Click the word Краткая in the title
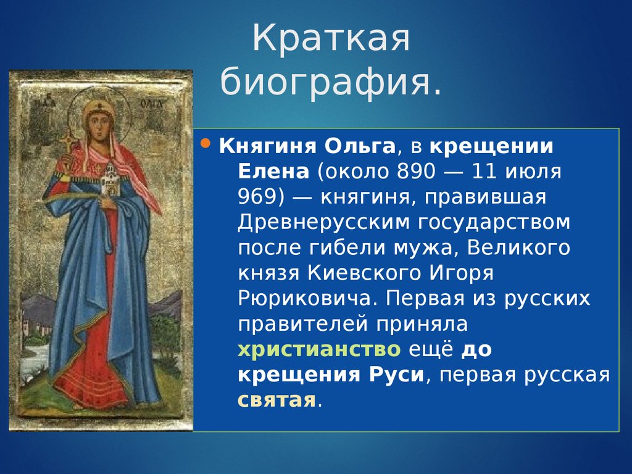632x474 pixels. [x=331, y=38]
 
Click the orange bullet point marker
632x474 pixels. [x=206, y=143]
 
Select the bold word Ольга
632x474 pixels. [x=360, y=146]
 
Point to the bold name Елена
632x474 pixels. [x=273, y=172]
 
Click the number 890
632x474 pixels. [x=417, y=172]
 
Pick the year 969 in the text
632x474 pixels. [x=257, y=197]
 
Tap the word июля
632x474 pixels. [x=533, y=172]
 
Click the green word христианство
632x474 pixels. [x=319, y=349]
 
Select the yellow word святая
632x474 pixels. [x=277, y=400]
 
